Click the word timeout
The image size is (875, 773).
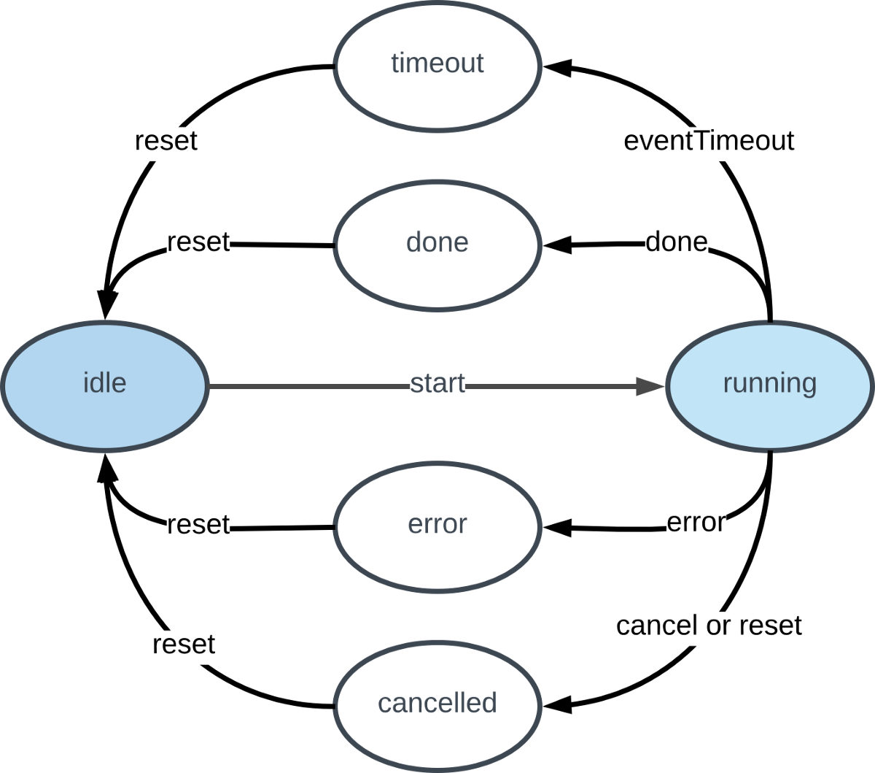[x=437, y=64]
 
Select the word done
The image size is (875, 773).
[x=437, y=242]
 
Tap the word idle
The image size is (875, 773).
[x=105, y=382]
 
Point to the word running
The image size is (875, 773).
[x=769, y=382]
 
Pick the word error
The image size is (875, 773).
[x=437, y=524]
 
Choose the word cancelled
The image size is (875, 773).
[x=437, y=703]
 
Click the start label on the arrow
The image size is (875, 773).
[x=437, y=384]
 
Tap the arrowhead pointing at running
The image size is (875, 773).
[x=650, y=386]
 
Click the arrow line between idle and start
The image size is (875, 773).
[x=306, y=386]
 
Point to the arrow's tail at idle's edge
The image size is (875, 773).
[x=211, y=386]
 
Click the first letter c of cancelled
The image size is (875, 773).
[x=384, y=704]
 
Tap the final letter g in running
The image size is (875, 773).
[x=809, y=385]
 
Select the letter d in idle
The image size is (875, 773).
[x=99, y=382]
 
